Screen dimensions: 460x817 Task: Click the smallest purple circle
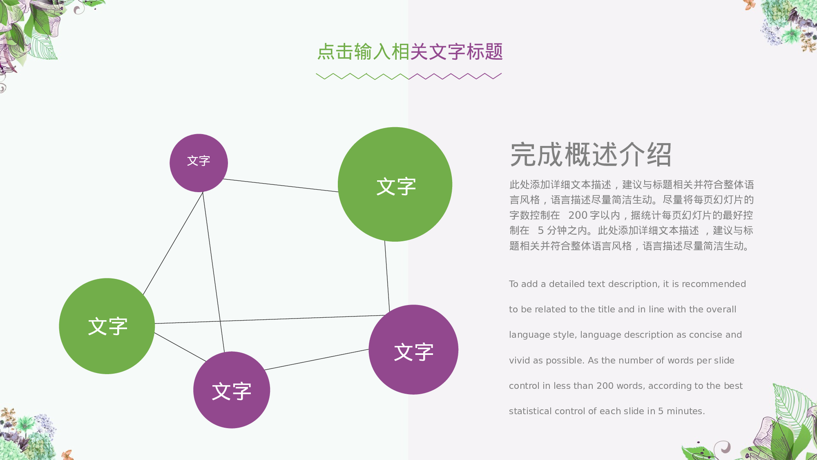199,163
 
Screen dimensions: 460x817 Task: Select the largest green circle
395,184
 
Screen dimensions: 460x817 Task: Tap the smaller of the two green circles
107,326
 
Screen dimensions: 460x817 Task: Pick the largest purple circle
413,350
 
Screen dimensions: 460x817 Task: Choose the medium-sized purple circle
232,390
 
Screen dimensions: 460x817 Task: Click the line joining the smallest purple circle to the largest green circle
281,185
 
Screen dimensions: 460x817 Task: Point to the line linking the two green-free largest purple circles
317,359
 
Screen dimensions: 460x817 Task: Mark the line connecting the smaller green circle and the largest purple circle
270,319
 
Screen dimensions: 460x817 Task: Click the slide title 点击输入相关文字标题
410,52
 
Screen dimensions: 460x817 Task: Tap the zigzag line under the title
408,76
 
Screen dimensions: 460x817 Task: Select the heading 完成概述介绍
591,155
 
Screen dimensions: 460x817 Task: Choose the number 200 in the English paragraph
605,386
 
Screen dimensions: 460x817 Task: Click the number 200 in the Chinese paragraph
578,215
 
